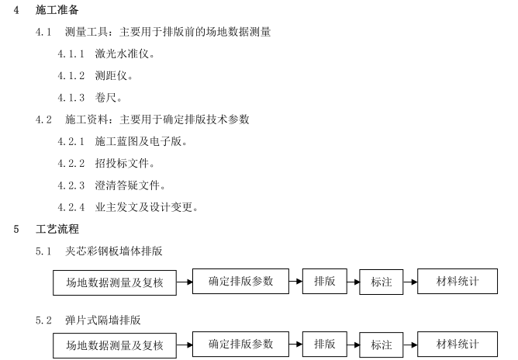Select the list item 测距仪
114,77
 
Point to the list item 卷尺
109,99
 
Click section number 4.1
43,33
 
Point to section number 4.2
43,120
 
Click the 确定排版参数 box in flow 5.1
240,282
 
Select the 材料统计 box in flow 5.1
457,282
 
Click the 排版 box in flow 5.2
325,344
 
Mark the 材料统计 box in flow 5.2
457,344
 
